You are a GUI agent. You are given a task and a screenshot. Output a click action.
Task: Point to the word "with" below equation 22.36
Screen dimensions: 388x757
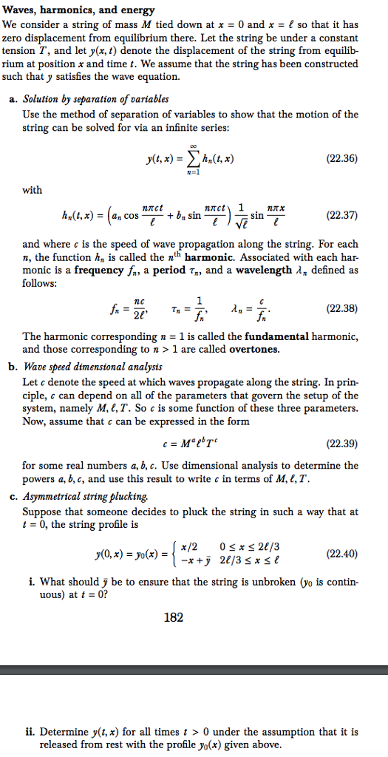[33, 189]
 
